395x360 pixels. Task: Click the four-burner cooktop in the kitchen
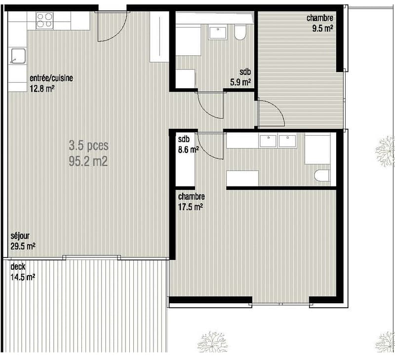(44, 21)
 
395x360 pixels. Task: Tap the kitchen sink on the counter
(18, 56)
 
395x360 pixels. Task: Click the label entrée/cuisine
(51, 78)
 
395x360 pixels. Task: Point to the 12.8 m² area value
(42, 89)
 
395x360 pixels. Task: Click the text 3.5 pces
(89, 145)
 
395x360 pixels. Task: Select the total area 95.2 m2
(88, 161)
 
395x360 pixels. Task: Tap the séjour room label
(20, 236)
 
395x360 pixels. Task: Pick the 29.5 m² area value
(23, 246)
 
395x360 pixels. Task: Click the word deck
(18, 266)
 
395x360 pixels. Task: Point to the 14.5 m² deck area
(23, 277)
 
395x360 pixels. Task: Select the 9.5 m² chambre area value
(323, 28)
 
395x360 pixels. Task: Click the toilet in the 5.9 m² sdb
(239, 32)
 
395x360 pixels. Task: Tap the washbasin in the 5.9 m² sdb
(218, 32)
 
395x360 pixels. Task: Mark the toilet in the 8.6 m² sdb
(322, 176)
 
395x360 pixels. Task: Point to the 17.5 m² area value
(191, 207)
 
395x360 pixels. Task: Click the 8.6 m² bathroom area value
(189, 150)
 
